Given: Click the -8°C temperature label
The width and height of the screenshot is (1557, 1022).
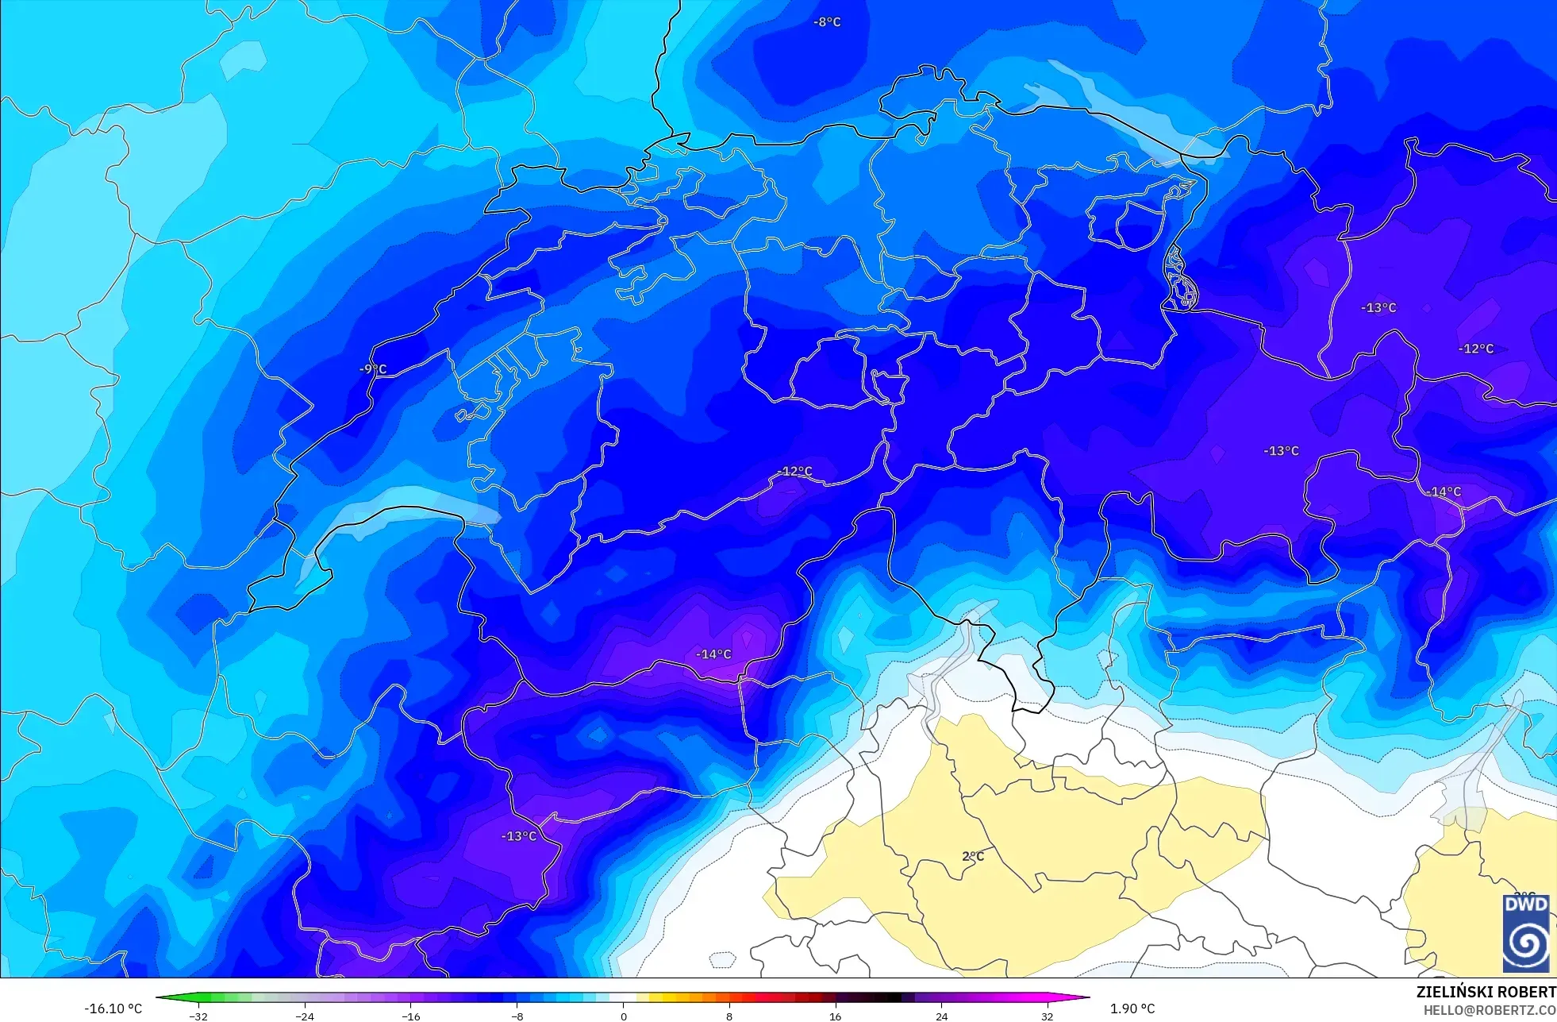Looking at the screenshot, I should [827, 22].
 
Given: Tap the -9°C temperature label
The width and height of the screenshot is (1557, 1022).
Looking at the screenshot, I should [372, 369].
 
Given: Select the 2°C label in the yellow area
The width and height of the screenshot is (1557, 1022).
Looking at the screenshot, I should [973, 856].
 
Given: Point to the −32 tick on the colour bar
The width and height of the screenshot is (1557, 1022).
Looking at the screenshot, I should [198, 1016].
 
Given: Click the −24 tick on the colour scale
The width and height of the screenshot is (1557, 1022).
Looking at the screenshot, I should [305, 1016].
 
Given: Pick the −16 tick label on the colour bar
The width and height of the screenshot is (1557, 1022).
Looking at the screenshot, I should [411, 1016].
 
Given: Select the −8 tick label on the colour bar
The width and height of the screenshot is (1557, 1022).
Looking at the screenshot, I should [517, 1016].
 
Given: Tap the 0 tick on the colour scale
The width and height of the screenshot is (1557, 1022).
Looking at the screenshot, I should [624, 1016].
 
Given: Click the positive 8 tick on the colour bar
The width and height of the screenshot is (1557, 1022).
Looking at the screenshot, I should [729, 1016].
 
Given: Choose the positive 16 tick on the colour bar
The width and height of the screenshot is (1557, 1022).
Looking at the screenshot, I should [836, 1016].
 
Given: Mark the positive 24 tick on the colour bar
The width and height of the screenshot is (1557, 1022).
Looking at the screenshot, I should [942, 1016].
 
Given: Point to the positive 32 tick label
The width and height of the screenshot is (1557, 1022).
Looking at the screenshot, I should [1048, 1016].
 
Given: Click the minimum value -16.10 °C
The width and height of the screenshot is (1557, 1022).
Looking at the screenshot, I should [113, 1009].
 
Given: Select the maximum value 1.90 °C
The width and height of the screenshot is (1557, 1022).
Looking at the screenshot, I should [1132, 1009].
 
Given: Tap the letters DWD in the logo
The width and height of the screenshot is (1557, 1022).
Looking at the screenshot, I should [1526, 904].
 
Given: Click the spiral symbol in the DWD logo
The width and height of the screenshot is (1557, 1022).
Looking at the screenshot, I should [1526, 943].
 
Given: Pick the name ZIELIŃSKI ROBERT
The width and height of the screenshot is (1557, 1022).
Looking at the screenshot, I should [1486, 992].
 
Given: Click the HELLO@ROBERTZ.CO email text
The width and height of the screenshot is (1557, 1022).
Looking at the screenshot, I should [1489, 1010].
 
